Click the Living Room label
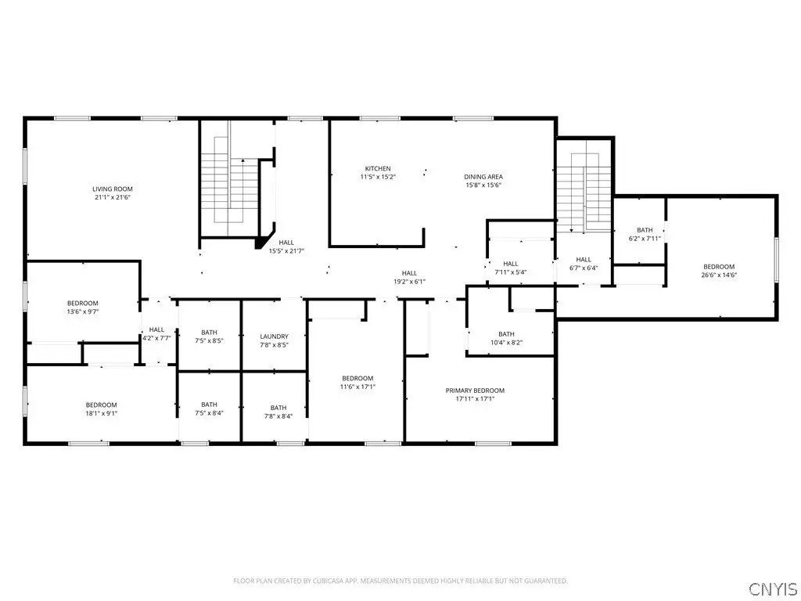[x=113, y=189]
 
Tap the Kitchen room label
[x=378, y=169]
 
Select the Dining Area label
[x=483, y=177]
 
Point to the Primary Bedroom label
[x=475, y=390]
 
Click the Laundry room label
[x=275, y=336]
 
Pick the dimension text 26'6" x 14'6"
[x=720, y=275]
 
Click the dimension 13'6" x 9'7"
[x=83, y=311]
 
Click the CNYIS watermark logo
[x=773, y=588]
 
